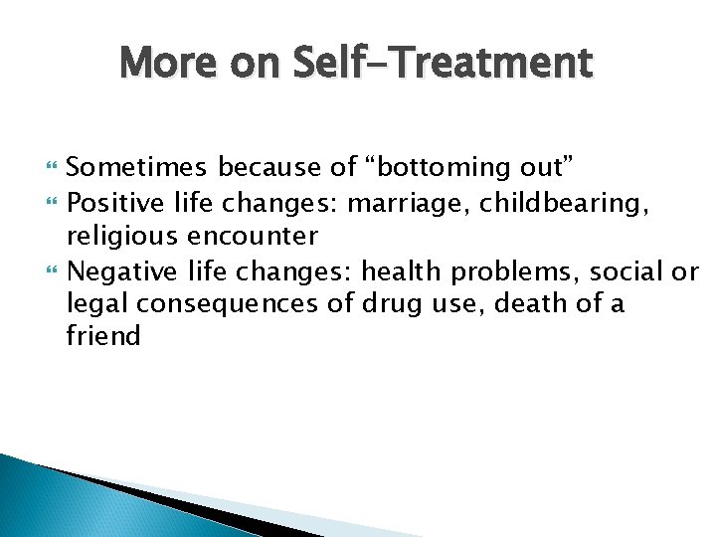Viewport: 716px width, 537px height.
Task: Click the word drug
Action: pos(406,303)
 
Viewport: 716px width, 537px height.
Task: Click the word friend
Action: pos(103,336)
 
